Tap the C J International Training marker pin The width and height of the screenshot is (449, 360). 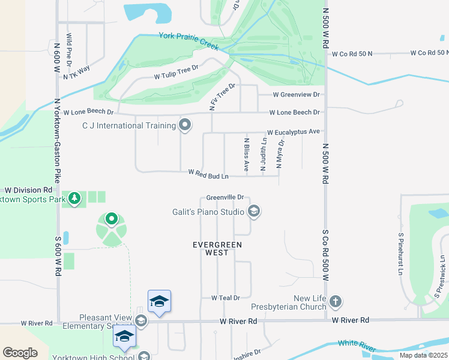click(185, 125)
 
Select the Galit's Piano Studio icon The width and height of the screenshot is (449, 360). click(254, 211)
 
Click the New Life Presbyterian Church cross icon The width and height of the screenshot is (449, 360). click(336, 301)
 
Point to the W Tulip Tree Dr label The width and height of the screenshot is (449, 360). click(176, 76)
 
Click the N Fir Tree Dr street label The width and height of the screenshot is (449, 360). click(222, 97)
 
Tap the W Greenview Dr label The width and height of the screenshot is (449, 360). click(296, 95)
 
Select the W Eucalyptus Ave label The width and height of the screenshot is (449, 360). click(294, 132)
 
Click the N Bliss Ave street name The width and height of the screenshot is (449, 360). click(246, 154)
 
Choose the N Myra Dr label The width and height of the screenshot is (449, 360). click(279, 154)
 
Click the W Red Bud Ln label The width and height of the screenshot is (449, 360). click(208, 174)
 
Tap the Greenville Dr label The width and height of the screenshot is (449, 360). click(224, 197)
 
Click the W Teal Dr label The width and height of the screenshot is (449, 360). click(225, 298)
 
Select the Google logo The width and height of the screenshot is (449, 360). click(20, 353)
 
